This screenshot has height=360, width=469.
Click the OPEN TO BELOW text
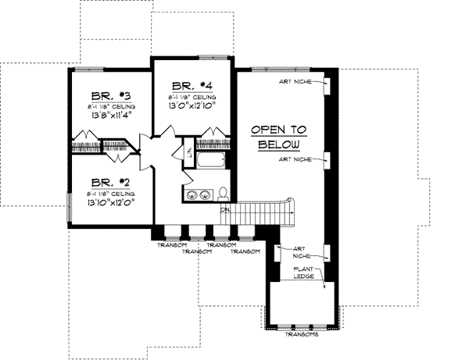tap(278, 137)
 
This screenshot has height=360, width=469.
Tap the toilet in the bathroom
tap(222, 193)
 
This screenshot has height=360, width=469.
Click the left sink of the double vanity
tap(192, 194)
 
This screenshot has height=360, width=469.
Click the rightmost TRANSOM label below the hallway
tap(246, 251)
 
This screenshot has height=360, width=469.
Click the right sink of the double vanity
tap(205, 194)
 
